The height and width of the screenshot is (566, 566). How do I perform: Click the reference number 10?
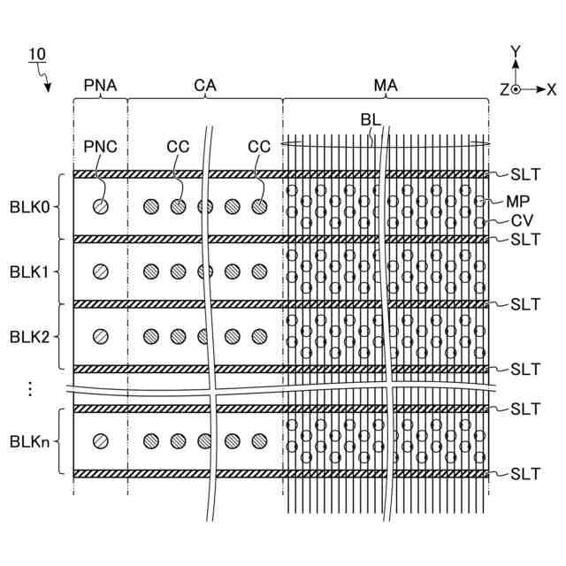(x=37, y=55)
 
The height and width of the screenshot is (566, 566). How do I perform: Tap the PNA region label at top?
(x=100, y=86)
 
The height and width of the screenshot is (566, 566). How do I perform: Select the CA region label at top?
(x=205, y=86)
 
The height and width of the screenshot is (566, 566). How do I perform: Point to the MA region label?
(x=386, y=86)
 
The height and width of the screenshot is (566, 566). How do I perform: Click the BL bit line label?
(x=370, y=119)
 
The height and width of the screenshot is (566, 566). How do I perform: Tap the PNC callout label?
(x=100, y=146)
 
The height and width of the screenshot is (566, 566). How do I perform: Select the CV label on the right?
(x=520, y=220)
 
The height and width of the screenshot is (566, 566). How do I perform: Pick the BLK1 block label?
(x=29, y=272)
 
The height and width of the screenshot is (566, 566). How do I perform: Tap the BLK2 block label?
(x=29, y=336)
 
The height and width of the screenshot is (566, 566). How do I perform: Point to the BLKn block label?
(x=29, y=440)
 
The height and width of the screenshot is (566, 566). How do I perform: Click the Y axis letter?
(x=516, y=51)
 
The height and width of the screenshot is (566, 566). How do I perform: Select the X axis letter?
(x=551, y=89)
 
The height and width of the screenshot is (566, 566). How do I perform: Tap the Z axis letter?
(x=503, y=89)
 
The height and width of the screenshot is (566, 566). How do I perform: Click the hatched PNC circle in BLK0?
(x=101, y=206)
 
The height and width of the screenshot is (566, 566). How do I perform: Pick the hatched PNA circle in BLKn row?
(x=101, y=440)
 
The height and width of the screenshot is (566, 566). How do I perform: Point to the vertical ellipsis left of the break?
(x=29, y=387)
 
